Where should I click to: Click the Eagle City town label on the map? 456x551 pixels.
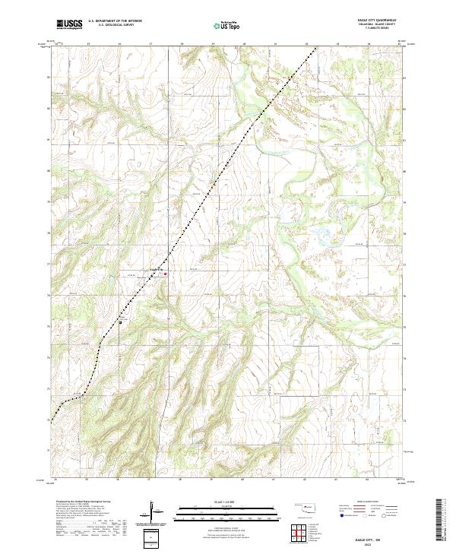[x=156, y=268]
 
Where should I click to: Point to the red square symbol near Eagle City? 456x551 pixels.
[x=166, y=274]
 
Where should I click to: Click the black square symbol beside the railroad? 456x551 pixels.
[x=120, y=322]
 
